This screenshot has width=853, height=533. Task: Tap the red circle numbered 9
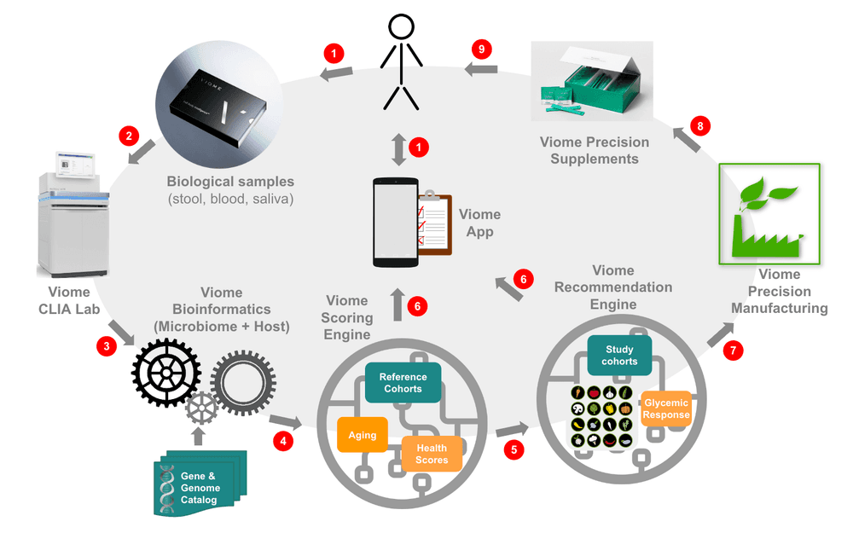coord(482,49)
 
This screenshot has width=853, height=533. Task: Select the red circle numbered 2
coord(129,136)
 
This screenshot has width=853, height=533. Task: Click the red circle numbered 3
coord(106,346)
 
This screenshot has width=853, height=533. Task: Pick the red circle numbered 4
coord(283,440)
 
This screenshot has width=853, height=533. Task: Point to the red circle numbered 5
coord(513,449)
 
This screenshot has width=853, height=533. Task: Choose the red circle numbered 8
coord(700,127)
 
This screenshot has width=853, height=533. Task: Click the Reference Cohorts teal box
coord(403,382)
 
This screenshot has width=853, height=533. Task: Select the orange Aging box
coord(363,435)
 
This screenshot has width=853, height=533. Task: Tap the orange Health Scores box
coord(432,454)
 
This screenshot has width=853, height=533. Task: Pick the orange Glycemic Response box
coord(666,409)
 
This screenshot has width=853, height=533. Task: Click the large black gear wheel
coord(166,372)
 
